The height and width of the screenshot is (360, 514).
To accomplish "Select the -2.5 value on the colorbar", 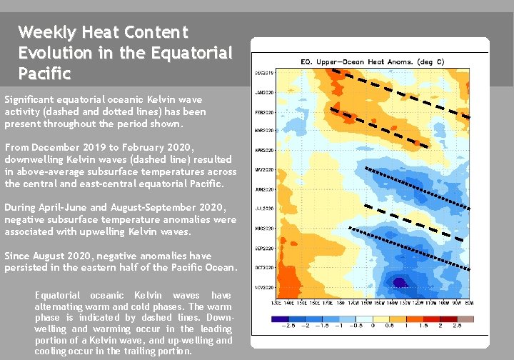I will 287,326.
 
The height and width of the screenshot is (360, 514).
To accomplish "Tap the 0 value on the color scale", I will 373,326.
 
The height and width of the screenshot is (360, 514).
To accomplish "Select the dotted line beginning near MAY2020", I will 418,188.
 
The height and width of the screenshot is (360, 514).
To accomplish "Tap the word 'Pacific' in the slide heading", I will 45,73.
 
